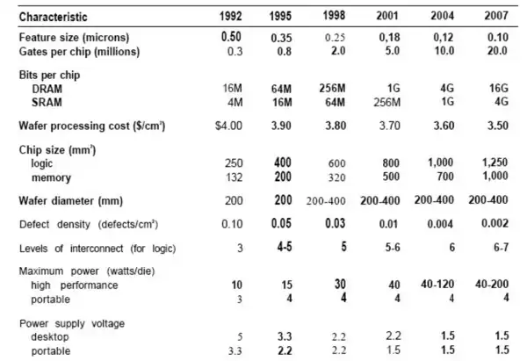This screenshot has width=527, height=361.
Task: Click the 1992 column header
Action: pos(231,17)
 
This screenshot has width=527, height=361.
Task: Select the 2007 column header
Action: pos(499,17)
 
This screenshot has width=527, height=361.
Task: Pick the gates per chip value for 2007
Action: pos(499,51)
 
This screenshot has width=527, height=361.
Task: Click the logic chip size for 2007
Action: pos(497,164)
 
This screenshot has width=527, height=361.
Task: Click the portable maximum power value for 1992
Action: pos(235,300)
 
